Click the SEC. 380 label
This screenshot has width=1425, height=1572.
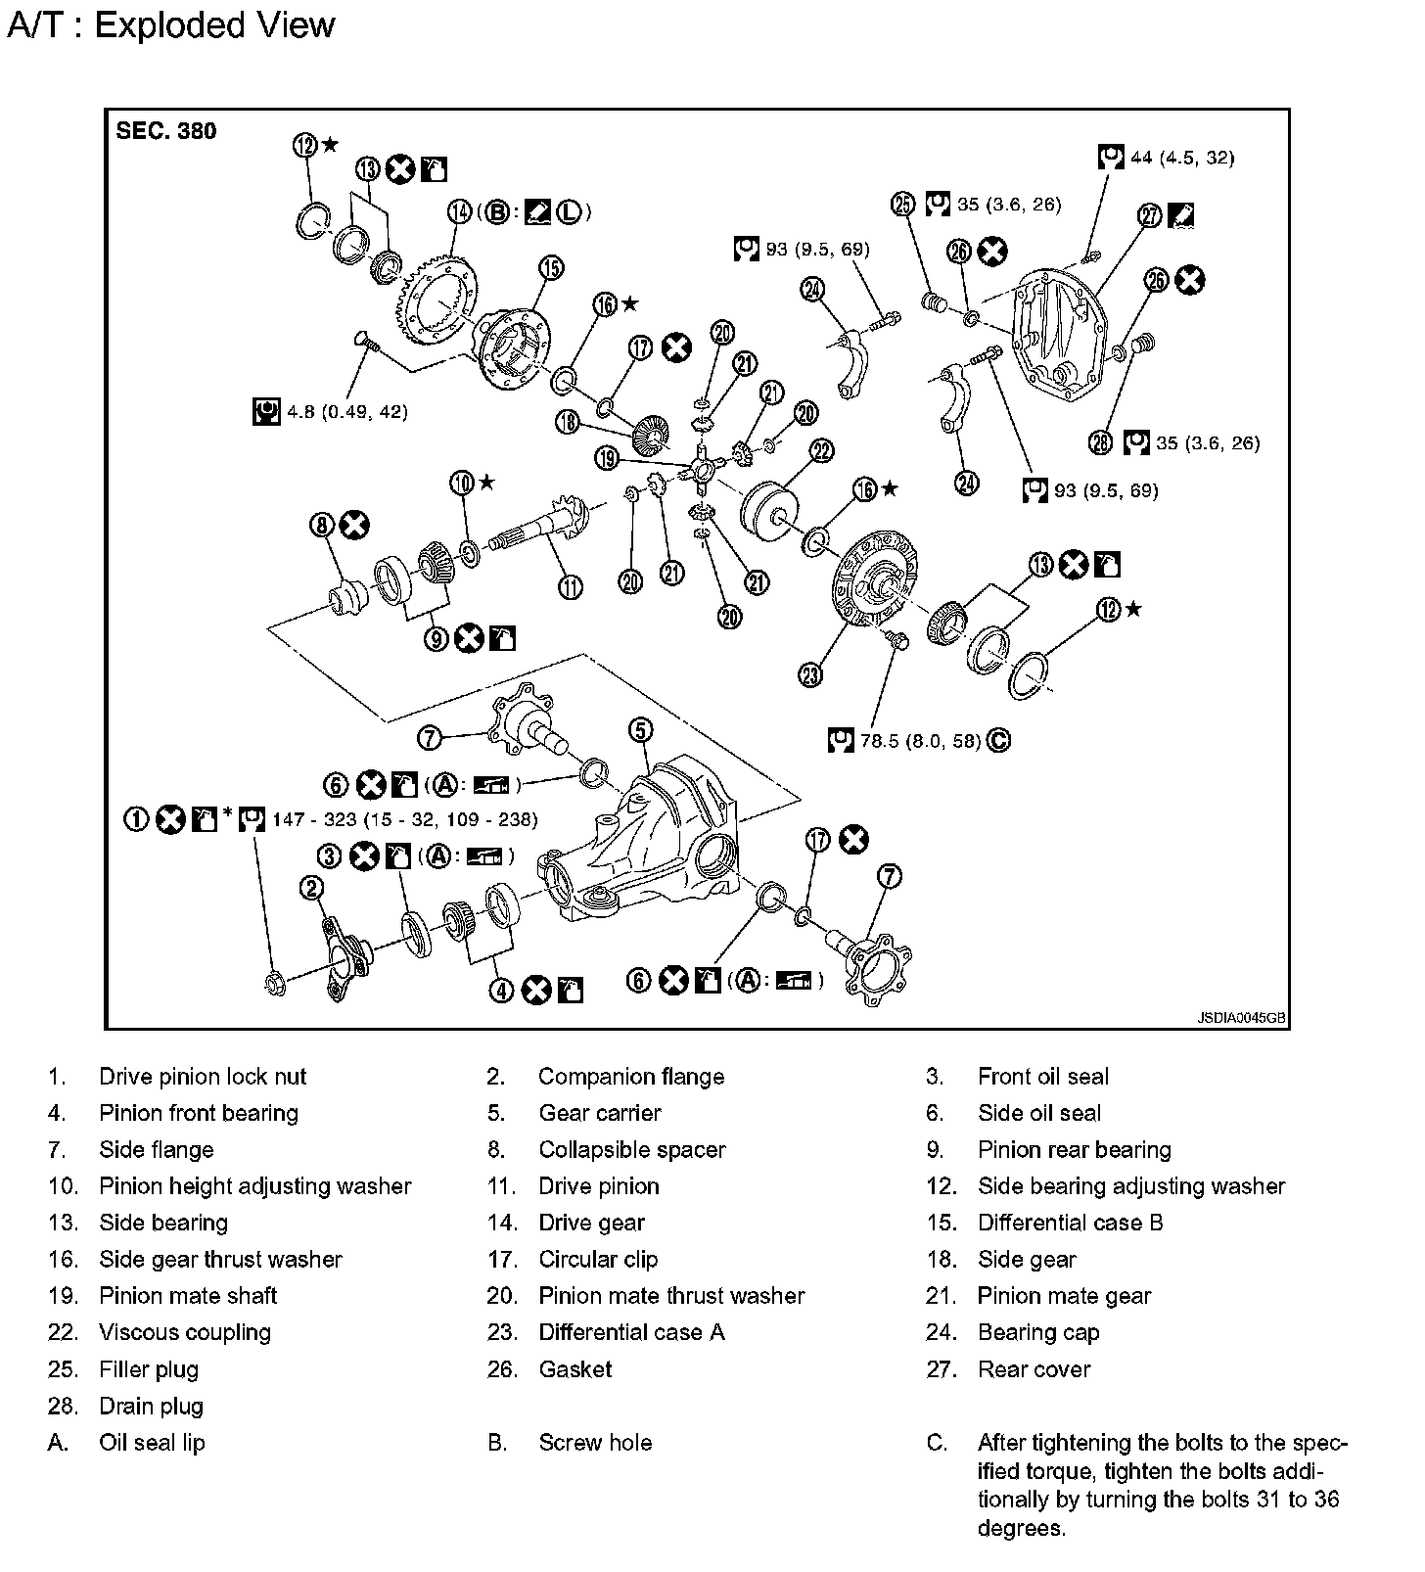[165, 131]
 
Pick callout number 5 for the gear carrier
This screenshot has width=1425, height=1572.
[639, 730]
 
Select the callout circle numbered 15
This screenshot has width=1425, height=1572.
[551, 267]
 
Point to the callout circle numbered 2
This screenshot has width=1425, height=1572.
[311, 888]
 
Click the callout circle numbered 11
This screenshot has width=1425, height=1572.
[570, 587]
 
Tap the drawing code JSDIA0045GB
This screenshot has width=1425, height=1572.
[1240, 1018]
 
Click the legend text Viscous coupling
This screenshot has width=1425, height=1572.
[185, 1332]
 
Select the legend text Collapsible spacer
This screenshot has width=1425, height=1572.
[632, 1149]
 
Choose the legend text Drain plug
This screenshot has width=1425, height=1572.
[152, 1406]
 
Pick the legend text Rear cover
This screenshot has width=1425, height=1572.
[1034, 1369]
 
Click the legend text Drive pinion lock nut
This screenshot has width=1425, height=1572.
[203, 1077]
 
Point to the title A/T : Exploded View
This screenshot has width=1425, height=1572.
[171, 25]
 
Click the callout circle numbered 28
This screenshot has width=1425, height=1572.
[1102, 443]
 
